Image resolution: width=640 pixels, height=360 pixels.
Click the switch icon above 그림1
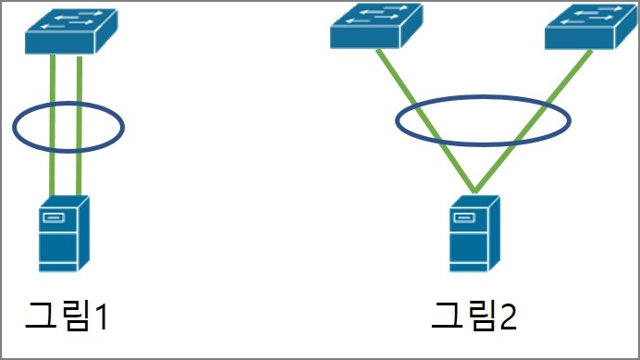[x=71, y=31]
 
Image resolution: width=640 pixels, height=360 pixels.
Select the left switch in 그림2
[x=376, y=26]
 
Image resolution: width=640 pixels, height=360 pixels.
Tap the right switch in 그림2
[x=591, y=27]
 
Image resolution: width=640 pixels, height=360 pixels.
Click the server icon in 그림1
[x=64, y=234]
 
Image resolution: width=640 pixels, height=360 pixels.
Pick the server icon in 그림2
[x=474, y=234]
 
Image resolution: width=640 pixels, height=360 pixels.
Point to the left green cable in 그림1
[x=52, y=125]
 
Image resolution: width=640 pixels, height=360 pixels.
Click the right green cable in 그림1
[x=80, y=126]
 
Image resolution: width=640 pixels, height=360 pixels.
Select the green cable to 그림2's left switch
[x=425, y=120]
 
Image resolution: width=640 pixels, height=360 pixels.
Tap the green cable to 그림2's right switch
[x=533, y=121]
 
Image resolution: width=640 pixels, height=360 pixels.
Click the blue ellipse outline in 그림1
[x=68, y=103]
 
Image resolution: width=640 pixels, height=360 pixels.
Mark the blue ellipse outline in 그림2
[x=483, y=97]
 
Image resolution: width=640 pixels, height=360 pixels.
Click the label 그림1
[x=67, y=315]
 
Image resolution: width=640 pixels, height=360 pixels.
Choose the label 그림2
[x=474, y=315]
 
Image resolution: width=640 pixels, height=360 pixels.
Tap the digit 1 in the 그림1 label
[x=101, y=317]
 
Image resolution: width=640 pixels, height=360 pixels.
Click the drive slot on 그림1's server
[x=54, y=217]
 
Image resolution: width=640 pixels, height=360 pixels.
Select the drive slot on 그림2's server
[x=464, y=217]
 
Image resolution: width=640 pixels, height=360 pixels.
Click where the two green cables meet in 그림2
[x=474, y=192]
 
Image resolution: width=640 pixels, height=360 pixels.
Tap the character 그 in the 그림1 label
[x=41, y=315]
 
